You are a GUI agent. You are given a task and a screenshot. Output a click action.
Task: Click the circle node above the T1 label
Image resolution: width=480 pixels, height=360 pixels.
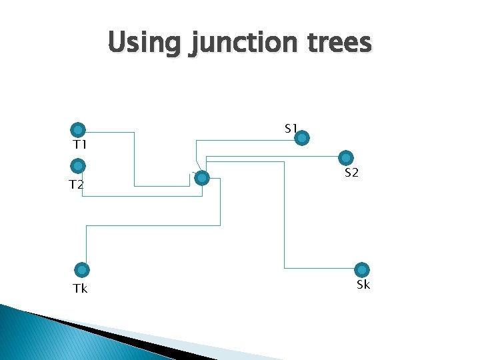tap(78, 129)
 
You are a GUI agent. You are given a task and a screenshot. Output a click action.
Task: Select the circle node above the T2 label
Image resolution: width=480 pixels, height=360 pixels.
tap(78, 165)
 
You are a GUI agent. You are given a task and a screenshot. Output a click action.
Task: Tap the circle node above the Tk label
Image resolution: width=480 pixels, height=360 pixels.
tap(82, 270)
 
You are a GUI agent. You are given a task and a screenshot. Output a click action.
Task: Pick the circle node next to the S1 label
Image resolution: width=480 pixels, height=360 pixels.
tap(302, 139)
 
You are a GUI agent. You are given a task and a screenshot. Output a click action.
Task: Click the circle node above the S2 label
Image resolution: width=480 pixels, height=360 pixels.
tap(346, 158)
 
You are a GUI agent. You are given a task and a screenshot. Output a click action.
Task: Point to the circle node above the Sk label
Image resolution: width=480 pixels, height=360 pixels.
tap(362, 270)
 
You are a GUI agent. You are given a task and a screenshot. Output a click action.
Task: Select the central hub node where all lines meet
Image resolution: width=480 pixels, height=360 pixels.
tap(203, 178)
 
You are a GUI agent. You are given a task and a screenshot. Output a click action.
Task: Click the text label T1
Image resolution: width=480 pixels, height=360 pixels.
tap(80, 145)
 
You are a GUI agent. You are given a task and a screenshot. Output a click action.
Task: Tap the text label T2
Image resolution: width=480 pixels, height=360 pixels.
tap(77, 185)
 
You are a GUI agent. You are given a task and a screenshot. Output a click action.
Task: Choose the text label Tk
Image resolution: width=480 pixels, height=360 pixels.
tap(80, 289)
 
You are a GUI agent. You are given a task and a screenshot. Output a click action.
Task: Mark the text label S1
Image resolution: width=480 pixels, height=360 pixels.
tap(291, 128)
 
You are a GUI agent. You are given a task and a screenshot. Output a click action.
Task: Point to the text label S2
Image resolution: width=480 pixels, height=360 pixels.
tap(352, 173)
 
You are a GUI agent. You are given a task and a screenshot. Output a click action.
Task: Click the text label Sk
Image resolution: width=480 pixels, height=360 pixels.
tap(363, 285)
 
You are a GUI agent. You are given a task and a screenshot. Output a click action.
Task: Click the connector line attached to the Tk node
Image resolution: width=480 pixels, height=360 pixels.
tap(153, 225)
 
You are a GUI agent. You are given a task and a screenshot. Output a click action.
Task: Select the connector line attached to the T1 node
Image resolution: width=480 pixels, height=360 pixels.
tap(134, 160)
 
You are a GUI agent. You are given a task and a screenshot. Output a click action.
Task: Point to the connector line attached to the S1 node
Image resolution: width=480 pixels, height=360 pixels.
tap(247, 140)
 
